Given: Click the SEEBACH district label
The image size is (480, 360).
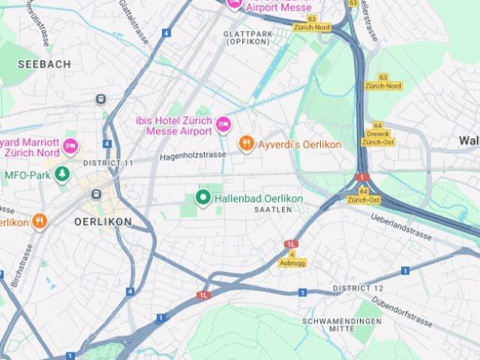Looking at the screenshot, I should (x=44, y=64).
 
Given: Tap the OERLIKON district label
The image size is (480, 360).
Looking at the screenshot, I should (x=103, y=222).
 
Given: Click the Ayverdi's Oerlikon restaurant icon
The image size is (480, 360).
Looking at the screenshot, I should (x=246, y=143).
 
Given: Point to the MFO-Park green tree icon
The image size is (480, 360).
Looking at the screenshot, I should (x=61, y=175).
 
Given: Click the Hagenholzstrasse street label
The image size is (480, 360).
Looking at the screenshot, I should (x=193, y=156).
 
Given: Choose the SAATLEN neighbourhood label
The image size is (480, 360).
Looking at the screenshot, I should (x=272, y=210).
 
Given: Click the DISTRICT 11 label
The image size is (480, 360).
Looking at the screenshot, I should (x=108, y=163).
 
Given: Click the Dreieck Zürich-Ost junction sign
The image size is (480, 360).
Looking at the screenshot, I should (x=377, y=138).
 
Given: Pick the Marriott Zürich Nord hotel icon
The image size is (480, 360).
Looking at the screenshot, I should (x=70, y=145).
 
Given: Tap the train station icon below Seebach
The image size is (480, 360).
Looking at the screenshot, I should (x=100, y=99).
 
